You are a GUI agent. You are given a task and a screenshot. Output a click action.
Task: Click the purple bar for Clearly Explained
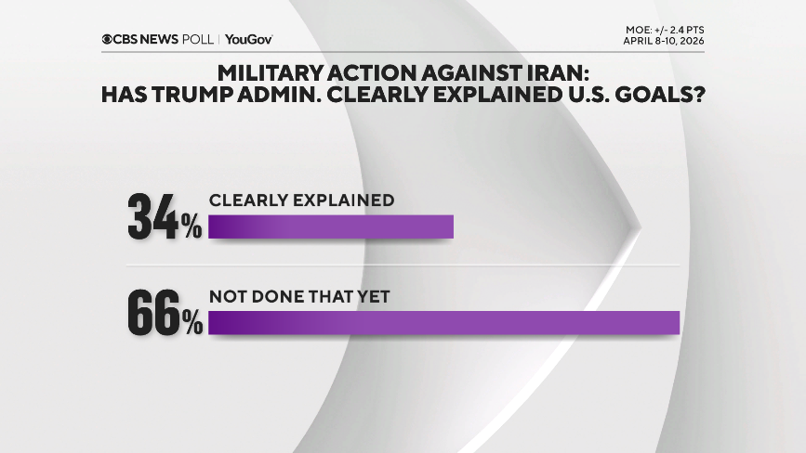pos(330,227)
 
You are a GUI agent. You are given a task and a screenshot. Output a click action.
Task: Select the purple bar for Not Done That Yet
pos(444,322)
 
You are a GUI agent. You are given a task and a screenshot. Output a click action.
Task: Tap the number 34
pos(153,218)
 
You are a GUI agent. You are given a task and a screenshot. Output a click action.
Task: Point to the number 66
pos(153,313)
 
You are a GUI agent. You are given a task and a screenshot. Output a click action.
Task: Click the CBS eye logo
pos(109,39)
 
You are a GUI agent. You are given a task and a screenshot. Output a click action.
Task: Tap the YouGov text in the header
pos(248,39)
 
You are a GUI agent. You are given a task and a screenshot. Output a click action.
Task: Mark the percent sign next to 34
pos(192,227)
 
